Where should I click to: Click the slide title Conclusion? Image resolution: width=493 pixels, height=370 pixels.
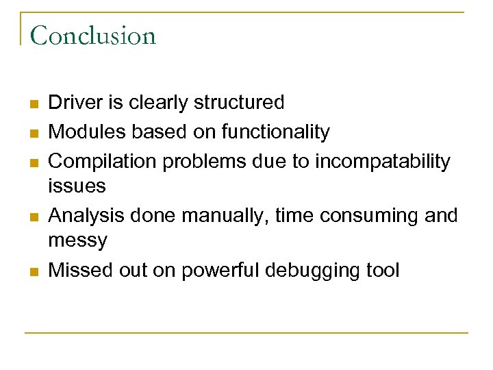93,35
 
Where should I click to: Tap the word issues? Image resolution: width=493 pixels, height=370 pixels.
77,185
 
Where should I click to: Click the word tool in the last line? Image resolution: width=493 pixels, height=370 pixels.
383,271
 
